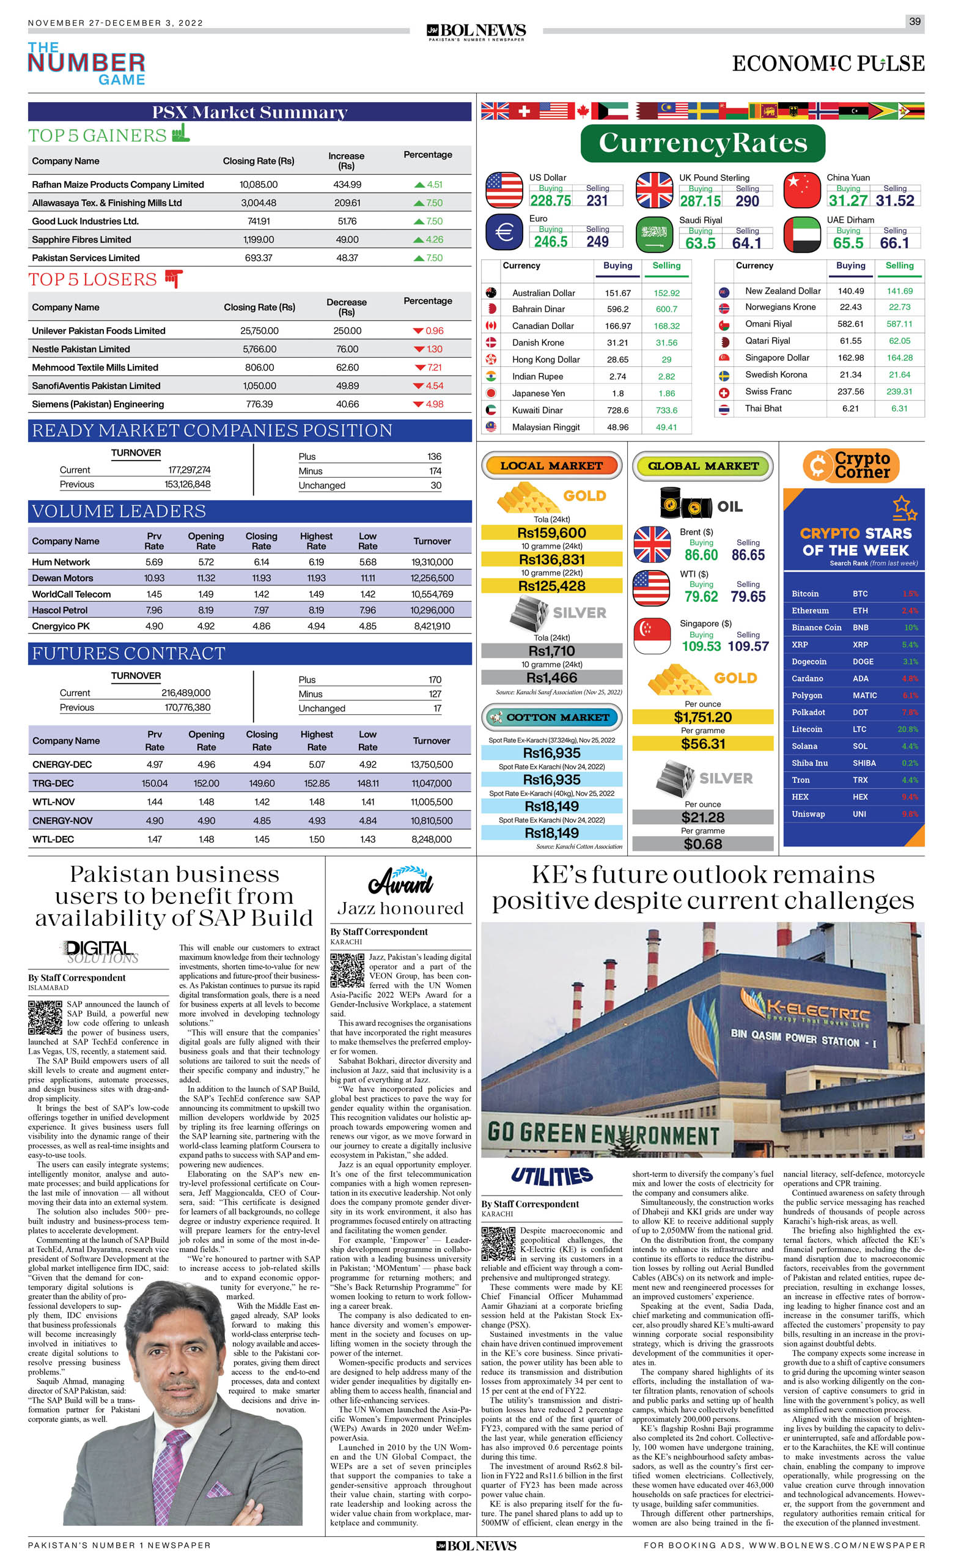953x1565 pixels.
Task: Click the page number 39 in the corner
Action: point(914,21)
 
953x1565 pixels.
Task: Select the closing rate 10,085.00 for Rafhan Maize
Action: point(259,185)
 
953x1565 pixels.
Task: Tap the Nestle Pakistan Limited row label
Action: point(81,349)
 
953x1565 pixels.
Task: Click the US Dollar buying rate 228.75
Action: point(551,201)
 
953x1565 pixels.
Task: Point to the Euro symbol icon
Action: point(504,232)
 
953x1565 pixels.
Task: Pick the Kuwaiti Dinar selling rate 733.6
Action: point(666,410)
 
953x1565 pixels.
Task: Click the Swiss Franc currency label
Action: point(768,392)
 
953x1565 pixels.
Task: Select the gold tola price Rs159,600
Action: point(551,533)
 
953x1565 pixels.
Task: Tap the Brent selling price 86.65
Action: point(748,555)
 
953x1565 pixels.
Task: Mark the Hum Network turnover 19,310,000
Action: point(432,562)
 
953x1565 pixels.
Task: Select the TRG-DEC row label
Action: point(53,783)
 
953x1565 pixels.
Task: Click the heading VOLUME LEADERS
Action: point(119,511)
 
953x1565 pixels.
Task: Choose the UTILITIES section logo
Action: point(551,1175)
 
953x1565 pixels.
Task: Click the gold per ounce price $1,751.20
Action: point(702,717)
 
